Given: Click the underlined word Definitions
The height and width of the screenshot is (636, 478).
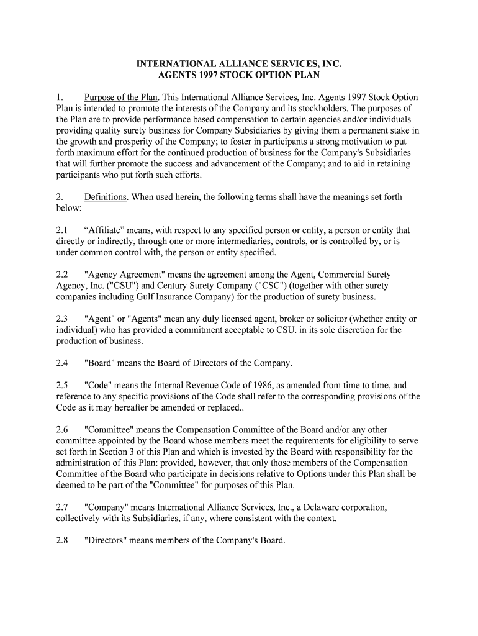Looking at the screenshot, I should tap(106, 197).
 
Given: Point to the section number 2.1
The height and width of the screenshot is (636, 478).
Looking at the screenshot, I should tap(62, 230).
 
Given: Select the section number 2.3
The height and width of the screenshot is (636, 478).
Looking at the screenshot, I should tap(62, 319).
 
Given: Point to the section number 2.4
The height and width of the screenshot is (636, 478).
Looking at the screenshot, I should tap(62, 363).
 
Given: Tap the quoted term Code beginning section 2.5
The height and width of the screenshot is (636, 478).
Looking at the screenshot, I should tap(98, 385).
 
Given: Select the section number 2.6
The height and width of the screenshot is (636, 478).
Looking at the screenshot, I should tap(62, 429).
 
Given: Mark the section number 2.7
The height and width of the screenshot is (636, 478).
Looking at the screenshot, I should tap(62, 507).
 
